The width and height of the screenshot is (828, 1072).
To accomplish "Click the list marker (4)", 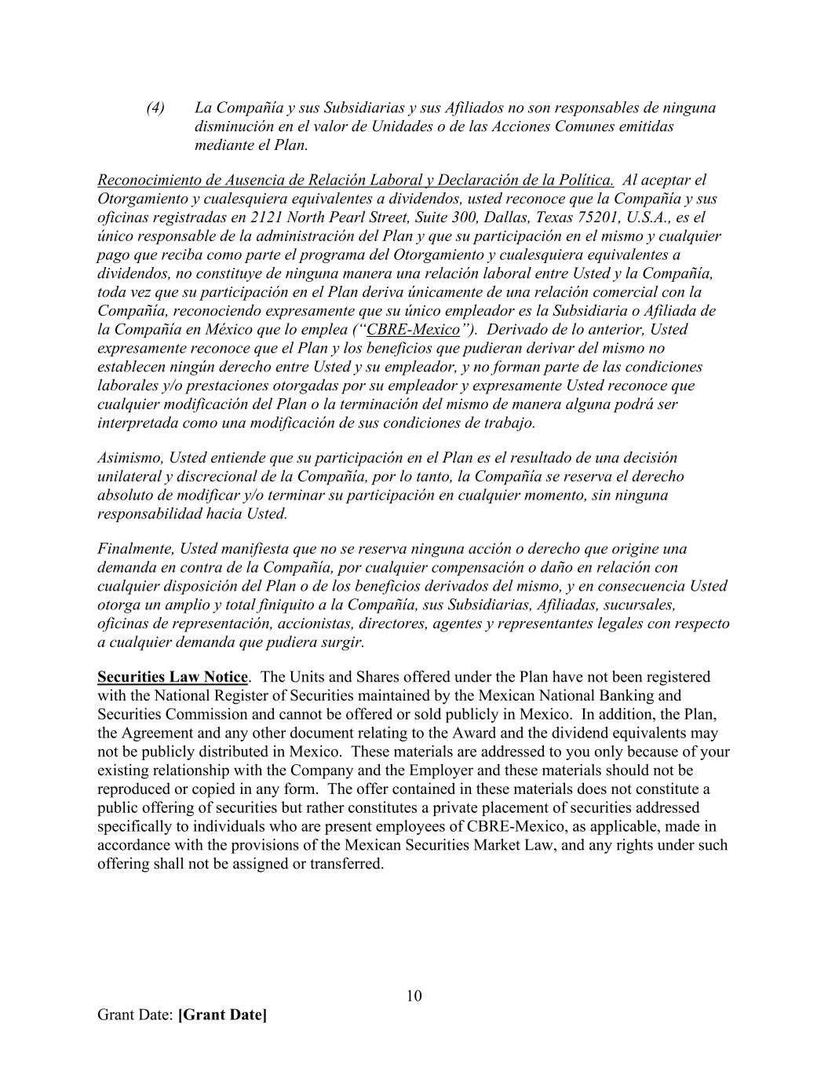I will click(x=155, y=108).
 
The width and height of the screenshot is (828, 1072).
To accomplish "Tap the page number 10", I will click(x=414, y=996).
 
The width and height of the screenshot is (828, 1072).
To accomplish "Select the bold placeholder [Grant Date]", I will click(x=222, y=1015).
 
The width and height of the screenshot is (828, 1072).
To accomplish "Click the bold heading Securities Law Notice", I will click(x=173, y=677).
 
